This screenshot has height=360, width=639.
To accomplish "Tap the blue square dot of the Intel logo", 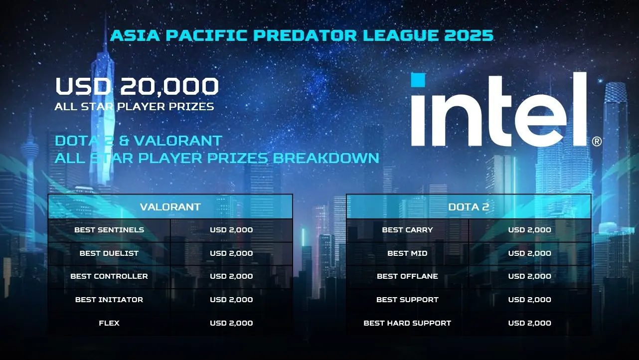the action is coord(418,80).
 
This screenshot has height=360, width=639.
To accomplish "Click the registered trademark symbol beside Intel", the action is coord(597,142).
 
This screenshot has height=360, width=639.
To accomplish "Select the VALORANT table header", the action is coord(170,207).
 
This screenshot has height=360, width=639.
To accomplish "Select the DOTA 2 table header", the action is coord(469,207).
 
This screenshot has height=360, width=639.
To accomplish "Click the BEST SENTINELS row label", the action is coord(109,230).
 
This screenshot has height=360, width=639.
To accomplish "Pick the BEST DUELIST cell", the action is coord(109,253).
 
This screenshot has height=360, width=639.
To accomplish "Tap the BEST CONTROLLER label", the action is coord(109,276).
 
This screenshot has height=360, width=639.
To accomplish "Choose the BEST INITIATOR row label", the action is coord(109,300).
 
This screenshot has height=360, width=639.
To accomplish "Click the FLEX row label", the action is coord(109,323).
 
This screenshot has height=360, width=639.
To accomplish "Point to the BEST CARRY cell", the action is coord(407,230).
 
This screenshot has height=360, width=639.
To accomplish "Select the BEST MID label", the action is coord(407,253).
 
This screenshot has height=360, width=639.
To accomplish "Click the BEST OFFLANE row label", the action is coord(407,276).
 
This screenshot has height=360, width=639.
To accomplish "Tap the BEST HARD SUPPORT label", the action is coord(407,323).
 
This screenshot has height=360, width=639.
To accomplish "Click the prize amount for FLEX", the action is coord(231,323).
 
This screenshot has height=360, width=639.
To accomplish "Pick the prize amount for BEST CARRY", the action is coord(530,230).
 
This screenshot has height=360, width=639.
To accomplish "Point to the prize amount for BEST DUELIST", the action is coord(231,253).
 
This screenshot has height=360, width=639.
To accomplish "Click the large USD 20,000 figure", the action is coord(137,86).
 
